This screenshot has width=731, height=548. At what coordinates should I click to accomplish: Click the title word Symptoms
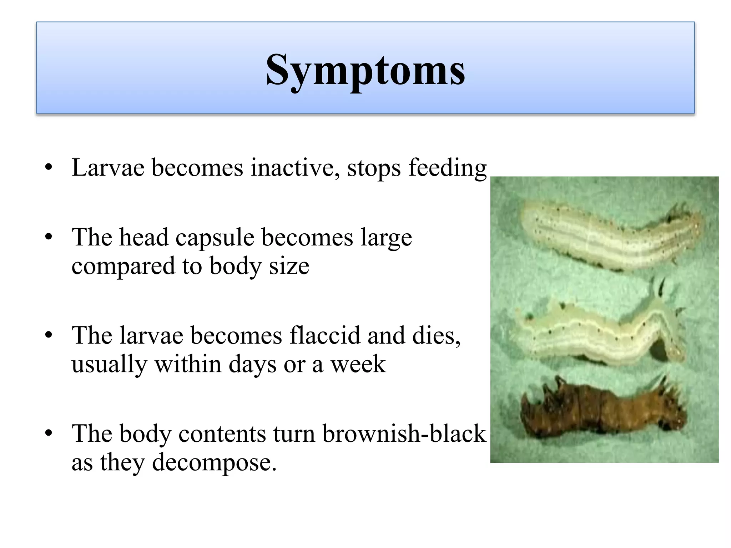click(x=365, y=70)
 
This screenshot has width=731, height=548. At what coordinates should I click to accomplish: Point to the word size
click(x=289, y=266)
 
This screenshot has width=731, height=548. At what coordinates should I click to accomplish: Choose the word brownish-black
click(x=404, y=433)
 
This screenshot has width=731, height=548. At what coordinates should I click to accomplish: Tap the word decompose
click(x=214, y=463)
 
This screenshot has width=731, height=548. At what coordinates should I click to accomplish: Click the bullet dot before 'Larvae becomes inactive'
click(x=49, y=167)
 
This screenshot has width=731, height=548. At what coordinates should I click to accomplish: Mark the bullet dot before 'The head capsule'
click(x=49, y=237)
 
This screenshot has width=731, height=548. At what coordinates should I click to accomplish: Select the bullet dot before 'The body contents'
click(x=49, y=433)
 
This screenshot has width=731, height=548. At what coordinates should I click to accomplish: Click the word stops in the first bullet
click(x=374, y=168)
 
